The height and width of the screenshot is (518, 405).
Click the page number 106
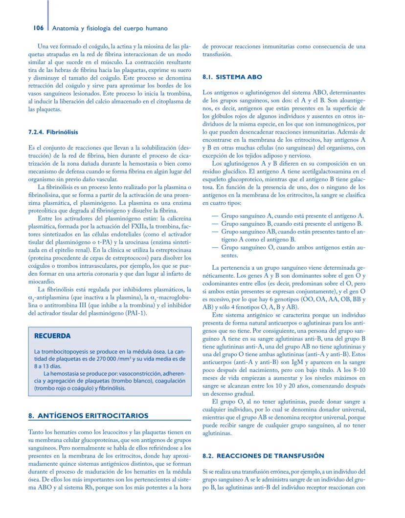tap(39, 28)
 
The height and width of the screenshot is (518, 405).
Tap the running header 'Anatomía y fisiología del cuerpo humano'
tap(110, 28)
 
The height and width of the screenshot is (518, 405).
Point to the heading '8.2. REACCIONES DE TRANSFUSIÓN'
tap(263, 455)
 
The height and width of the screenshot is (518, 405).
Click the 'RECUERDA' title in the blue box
tap(52, 336)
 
